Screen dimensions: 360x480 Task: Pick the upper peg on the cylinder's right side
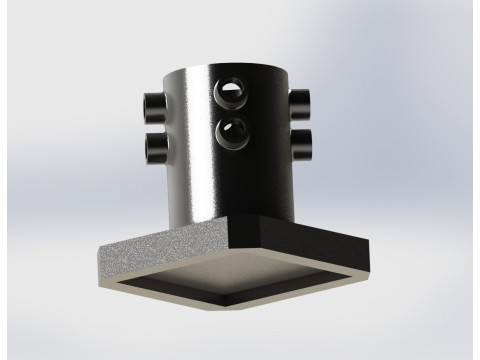301,101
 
